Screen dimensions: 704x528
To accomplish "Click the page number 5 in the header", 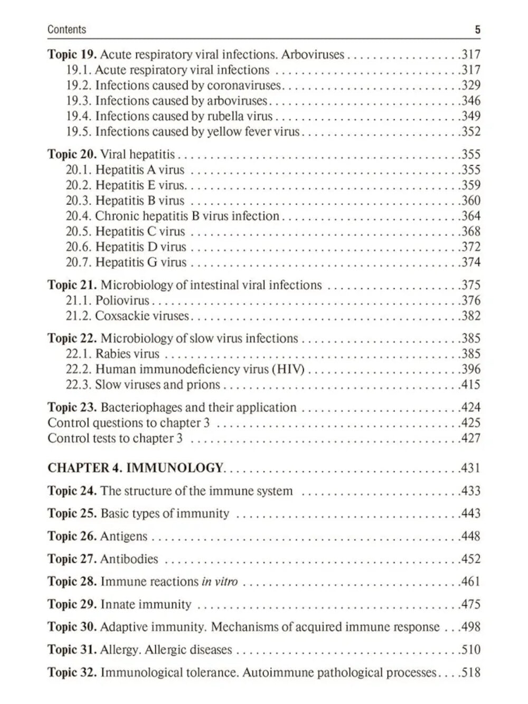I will click(477, 30).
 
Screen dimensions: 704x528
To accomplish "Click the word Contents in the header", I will click(67, 30).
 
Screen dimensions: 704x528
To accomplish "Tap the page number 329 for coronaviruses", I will click(470, 86).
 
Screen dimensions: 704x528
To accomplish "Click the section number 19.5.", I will click(79, 132).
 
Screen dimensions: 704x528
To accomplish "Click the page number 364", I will click(470, 216).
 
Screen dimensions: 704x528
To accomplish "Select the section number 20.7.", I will click(79, 262).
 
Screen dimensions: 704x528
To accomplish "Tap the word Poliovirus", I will click(122, 301).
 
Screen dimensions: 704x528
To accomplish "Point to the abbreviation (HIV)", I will click(288, 369).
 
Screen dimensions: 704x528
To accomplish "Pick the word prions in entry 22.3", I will click(203, 384).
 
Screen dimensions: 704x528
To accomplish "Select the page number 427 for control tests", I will click(470, 438).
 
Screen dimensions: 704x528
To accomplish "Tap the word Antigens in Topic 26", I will click(124, 537).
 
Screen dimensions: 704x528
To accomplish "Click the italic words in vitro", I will click(220, 582).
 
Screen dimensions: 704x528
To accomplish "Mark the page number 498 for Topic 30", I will click(470, 627).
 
